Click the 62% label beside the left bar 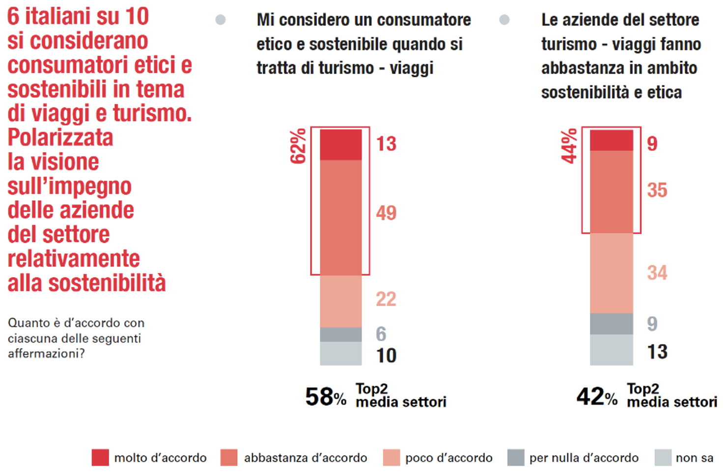(x=298, y=146)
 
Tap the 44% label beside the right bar (x=569, y=146)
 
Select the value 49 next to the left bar (x=386, y=213)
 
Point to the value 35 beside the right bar (x=657, y=190)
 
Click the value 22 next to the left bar (x=386, y=299)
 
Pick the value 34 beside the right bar (x=657, y=273)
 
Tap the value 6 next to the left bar (x=381, y=334)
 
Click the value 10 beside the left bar (x=386, y=356)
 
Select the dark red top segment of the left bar (x=341, y=145)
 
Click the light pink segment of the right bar (x=612, y=273)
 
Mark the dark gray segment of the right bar (x=612, y=324)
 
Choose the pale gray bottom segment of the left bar (x=341, y=354)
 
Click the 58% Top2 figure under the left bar (x=326, y=396)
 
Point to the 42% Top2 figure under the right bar (x=597, y=396)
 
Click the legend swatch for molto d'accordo (x=100, y=457)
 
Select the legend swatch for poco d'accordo (x=391, y=457)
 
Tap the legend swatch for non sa (x=663, y=457)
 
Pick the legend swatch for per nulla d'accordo (x=516, y=457)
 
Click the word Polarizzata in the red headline (x=60, y=137)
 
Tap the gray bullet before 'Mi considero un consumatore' (x=221, y=20)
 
